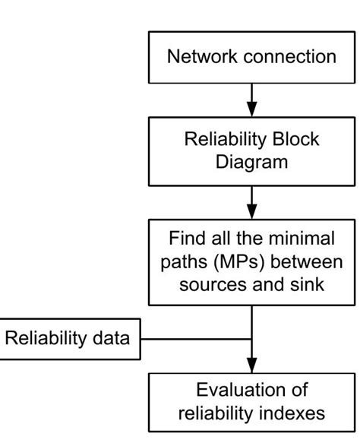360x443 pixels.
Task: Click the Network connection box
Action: pos(251,56)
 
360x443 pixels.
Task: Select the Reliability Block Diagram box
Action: pos(251,151)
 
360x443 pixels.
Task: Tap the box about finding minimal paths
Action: pos(251,261)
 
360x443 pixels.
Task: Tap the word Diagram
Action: pos(251,163)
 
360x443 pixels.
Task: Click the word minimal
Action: pos(302,239)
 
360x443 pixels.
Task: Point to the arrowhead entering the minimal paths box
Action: pos(251,210)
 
